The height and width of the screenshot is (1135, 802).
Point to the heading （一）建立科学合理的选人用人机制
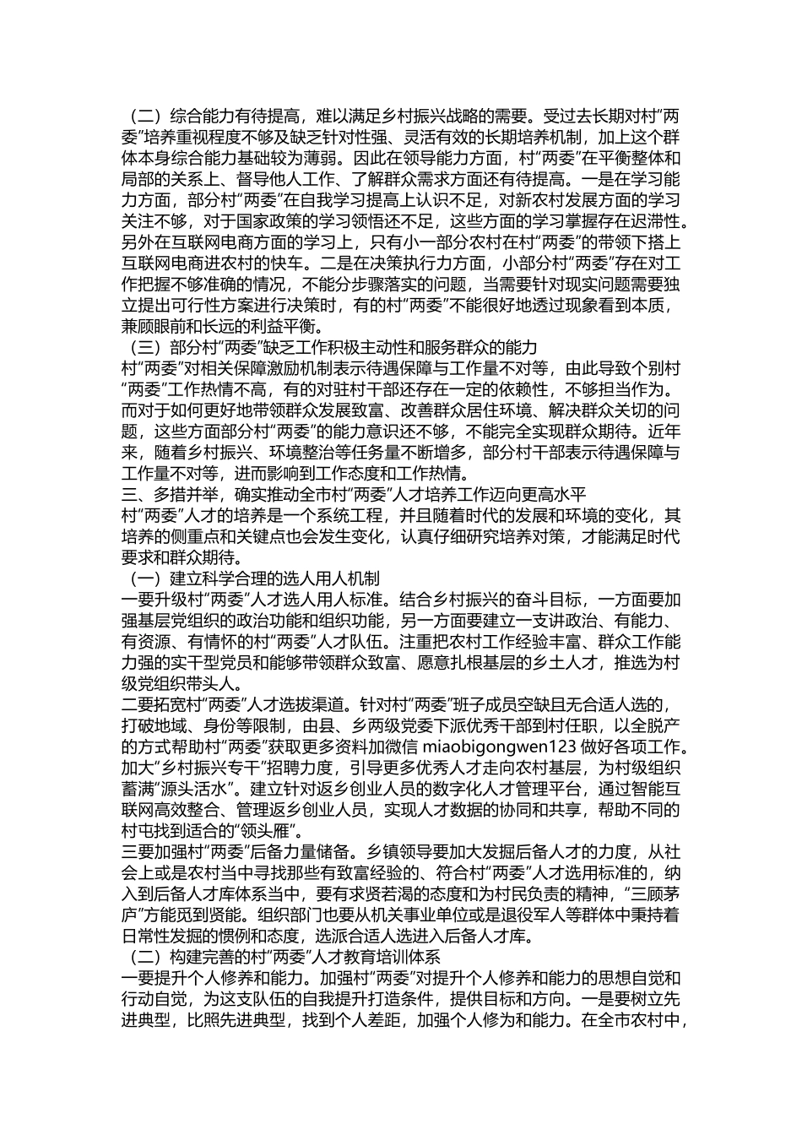pyautogui.click(x=252, y=578)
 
